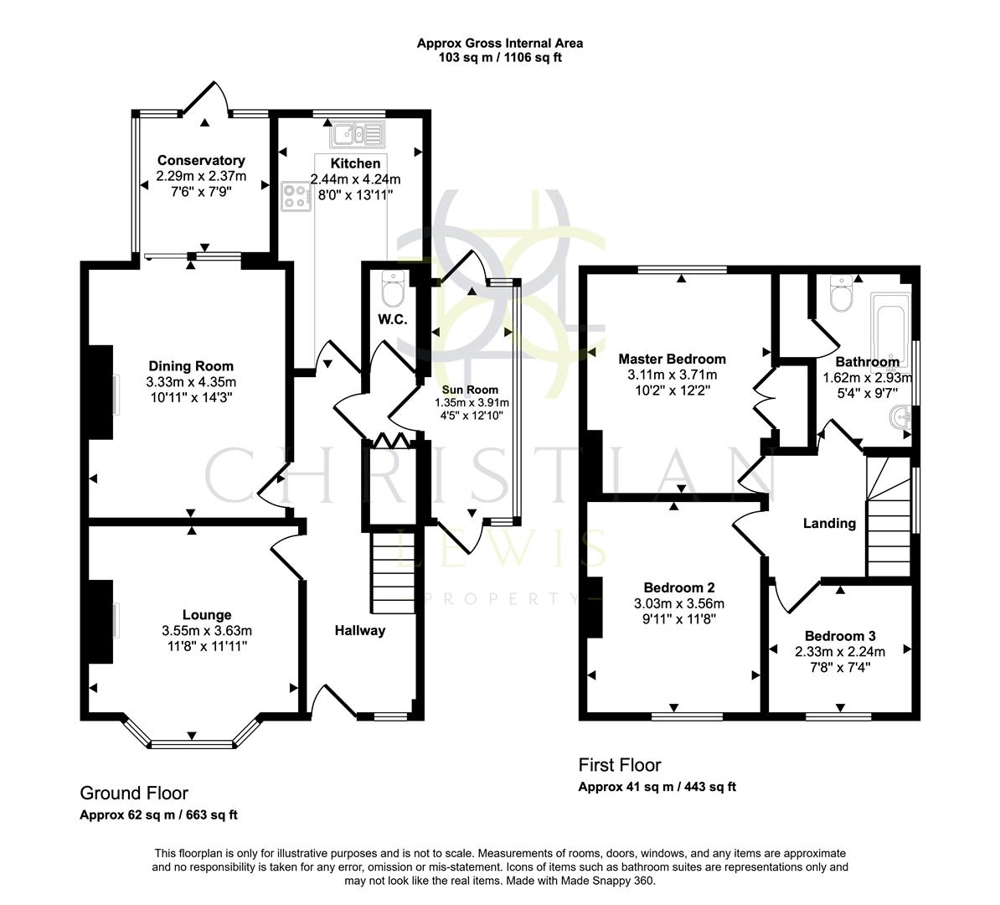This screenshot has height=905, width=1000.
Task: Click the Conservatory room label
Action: pyautogui.click(x=201, y=160)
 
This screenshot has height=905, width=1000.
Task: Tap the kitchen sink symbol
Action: pyautogui.click(x=357, y=133)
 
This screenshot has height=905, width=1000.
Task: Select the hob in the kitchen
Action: pyautogui.click(x=295, y=195)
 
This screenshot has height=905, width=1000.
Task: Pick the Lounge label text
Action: pyautogui.click(x=207, y=615)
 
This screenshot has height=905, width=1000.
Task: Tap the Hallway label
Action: pyautogui.click(x=360, y=630)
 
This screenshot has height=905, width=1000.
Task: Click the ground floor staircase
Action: pyautogui.click(x=393, y=573)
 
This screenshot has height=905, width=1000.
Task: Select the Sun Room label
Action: pyautogui.click(x=472, y=390)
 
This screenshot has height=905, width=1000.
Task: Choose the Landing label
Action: pyautogui.click(x=829, y=523)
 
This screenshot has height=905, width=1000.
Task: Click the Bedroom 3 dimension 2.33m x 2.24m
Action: pyautogui.click(x=840, y=650)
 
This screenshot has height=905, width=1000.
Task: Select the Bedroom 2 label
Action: pyautogui.click(x=679, y=587)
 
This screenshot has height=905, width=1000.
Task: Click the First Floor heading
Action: pyautogui.click(x=620, y=765)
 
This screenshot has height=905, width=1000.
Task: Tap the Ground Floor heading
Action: pyautogui.click(x=134, y=793)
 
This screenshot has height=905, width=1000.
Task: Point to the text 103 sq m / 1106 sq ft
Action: pyautogui.click(x=500, y=58)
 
